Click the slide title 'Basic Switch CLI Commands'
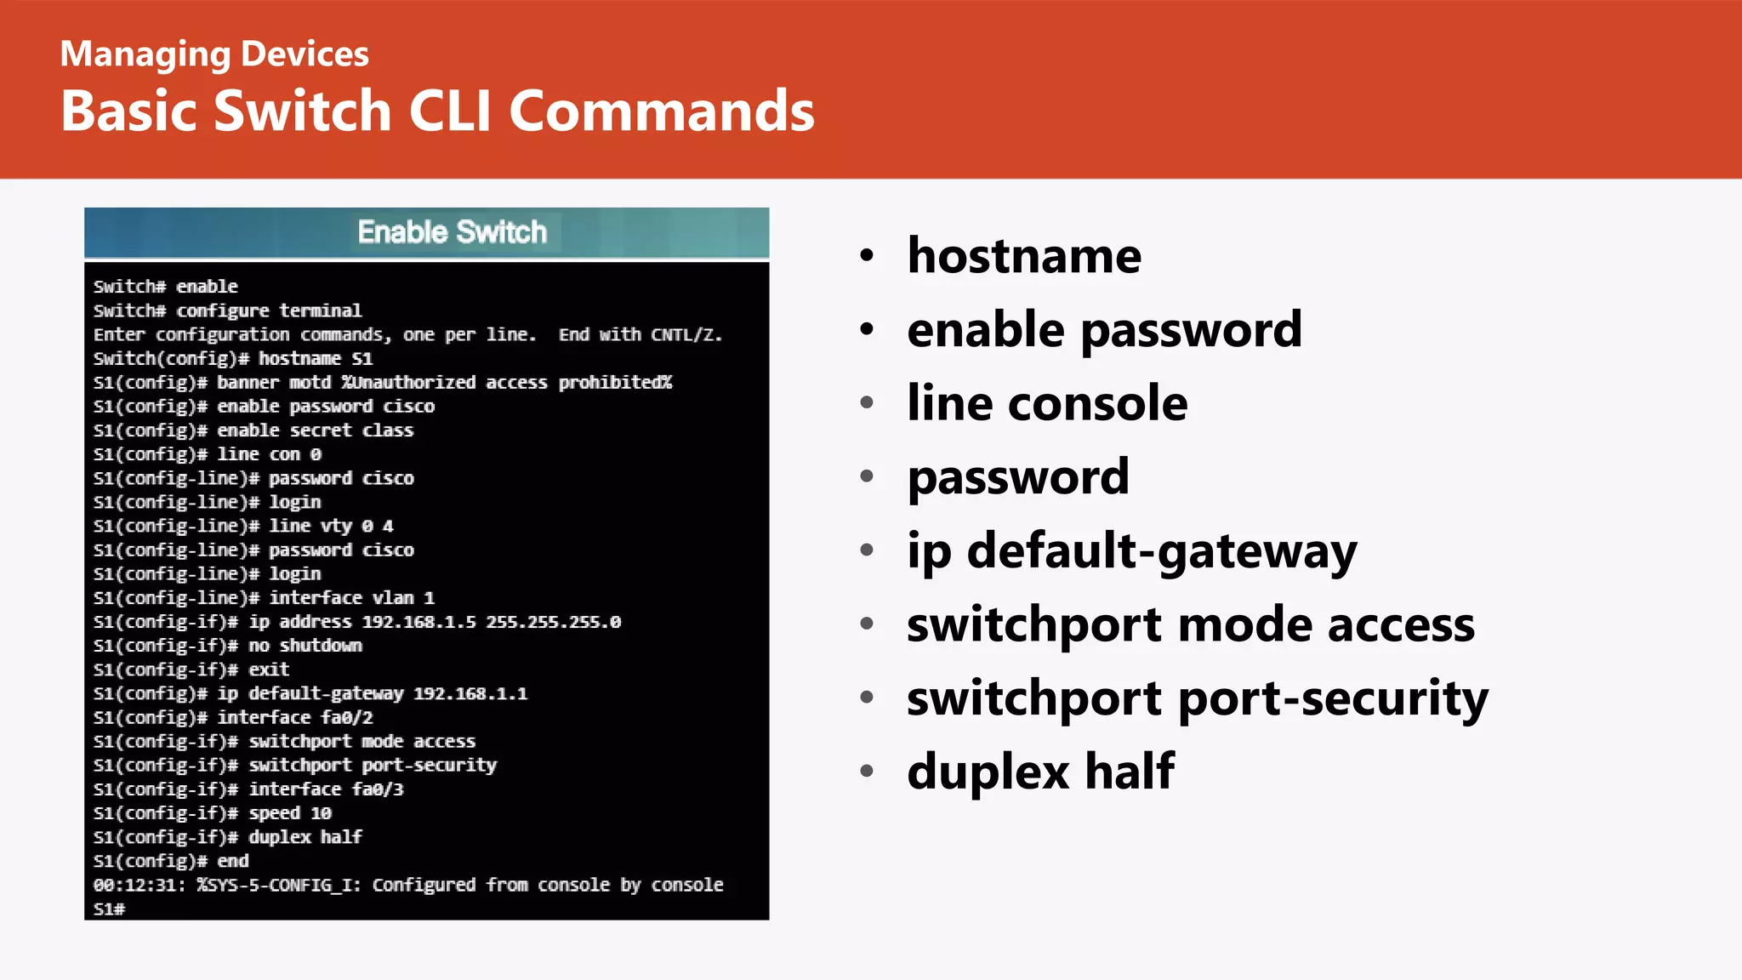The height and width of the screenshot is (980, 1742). coord(437,111)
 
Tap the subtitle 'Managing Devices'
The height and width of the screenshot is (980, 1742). coord(214,54)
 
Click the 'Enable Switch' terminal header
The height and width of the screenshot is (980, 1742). coord(452,232)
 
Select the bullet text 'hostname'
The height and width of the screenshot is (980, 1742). coord(1024,255)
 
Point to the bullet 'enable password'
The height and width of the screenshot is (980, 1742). coord(1104,329)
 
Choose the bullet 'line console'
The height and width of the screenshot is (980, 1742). coord(1047,403)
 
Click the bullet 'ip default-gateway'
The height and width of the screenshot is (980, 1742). coord(1131,551)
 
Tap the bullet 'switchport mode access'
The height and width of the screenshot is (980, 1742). coord(1190,624)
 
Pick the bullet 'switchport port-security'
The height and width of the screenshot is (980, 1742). coord(1197,698)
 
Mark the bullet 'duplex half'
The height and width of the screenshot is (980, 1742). coord(1040,772)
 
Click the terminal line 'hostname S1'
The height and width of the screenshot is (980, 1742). coord(315,359)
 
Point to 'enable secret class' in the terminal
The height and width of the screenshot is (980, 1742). coord(315,430)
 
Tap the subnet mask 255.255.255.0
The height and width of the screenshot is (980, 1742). coord(553,622)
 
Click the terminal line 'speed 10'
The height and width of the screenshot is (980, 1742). coord(289,813)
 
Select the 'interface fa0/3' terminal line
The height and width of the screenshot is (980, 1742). coord(326,789)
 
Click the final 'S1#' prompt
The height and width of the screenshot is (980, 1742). coord(109,909)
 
